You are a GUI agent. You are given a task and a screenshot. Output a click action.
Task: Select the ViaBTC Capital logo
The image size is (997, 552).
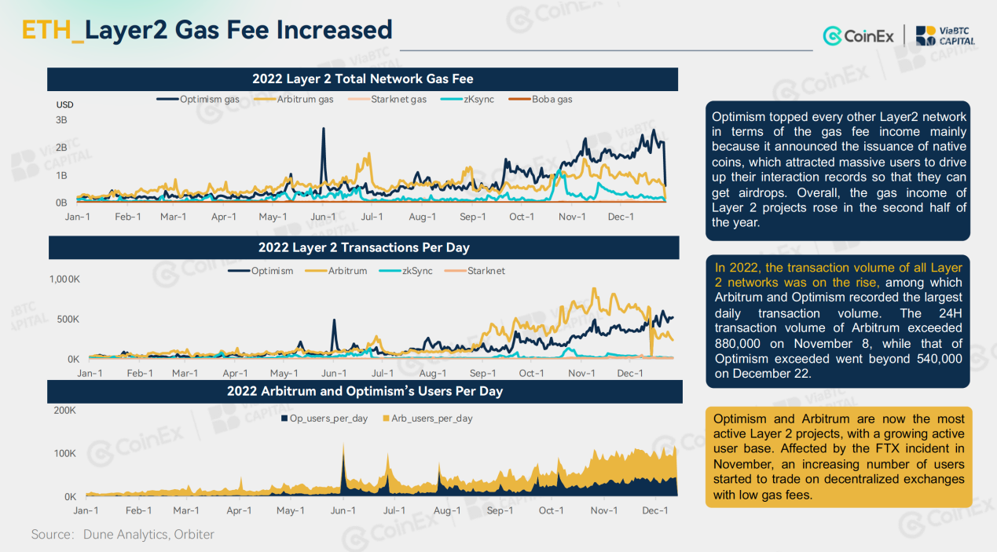click(x=945, y=35)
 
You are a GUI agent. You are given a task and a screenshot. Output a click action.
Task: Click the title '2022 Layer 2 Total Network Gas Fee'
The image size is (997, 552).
click(x=362, y=79)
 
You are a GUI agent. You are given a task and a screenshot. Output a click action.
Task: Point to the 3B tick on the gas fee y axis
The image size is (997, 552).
click(x=61, y=120)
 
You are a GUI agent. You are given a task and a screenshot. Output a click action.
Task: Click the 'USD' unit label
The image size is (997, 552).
click(x=64, y=104)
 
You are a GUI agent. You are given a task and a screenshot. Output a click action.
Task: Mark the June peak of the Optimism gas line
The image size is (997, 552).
click(x=323, y=129)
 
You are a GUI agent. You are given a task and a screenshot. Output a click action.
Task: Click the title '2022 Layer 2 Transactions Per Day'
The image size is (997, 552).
click(x=364, y=247)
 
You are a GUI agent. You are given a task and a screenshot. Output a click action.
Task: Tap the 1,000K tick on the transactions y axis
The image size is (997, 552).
click(x=64, y=280)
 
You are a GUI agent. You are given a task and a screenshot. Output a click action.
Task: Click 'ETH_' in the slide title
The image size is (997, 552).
click(x=52, y=30)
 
